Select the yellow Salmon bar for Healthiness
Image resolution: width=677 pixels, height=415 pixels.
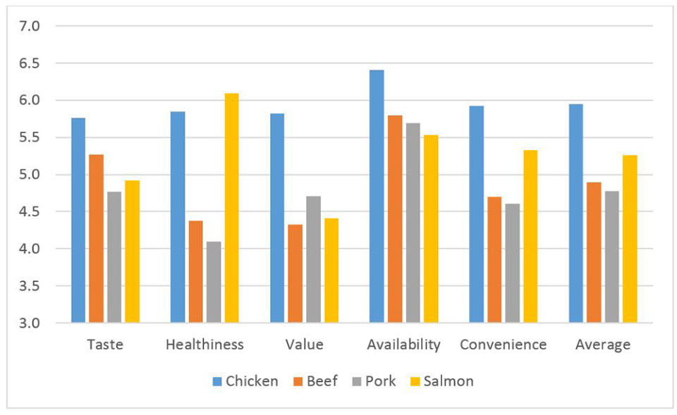pos(231,208)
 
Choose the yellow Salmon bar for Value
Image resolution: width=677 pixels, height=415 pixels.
pos(331,271)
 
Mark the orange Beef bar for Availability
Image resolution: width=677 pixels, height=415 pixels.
pos(395,218)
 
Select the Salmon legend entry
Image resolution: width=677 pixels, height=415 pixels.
pos(444,381)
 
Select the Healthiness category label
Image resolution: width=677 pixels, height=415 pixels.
pos(205,345)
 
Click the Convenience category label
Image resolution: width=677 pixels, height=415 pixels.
pos(503,345)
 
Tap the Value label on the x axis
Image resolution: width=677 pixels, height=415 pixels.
pos(305,345)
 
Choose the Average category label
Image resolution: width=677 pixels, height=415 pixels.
pos(603,345)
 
